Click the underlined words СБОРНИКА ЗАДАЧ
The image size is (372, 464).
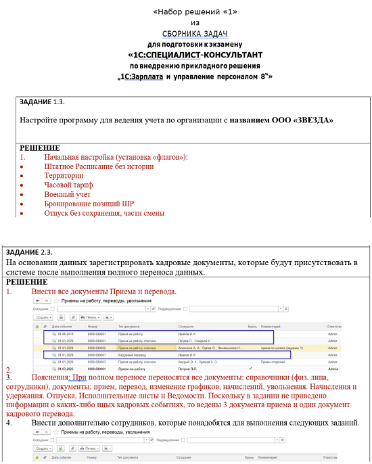coord(195,33)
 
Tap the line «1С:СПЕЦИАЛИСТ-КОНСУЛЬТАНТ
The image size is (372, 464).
coord(195,55)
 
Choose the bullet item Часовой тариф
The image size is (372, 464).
coord(68,185)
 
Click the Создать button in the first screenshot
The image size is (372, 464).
coord(43,317)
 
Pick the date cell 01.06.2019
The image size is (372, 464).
coord(64,334)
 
